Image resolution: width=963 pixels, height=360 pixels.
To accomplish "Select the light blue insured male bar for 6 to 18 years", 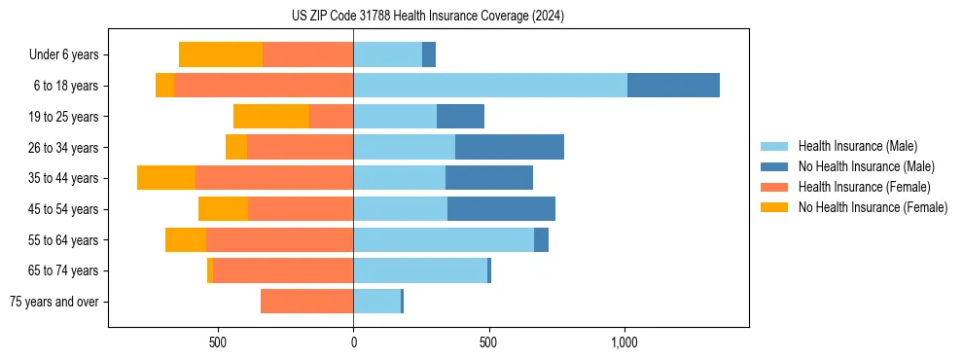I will (x=490, y=86).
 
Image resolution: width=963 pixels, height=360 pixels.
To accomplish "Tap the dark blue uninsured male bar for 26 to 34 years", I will (x=510, y=147).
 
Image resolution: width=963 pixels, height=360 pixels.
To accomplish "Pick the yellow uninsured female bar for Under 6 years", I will (x=221, y=54).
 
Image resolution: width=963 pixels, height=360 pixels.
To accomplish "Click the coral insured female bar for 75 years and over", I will (x=306, y=302).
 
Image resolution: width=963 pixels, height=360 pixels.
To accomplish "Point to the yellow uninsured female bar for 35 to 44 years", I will (x=166, y=178).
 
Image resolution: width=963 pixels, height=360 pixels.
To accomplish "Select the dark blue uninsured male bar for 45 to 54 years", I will (x=501, y=209).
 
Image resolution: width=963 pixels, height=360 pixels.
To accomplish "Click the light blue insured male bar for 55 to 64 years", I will (x=444, y=239).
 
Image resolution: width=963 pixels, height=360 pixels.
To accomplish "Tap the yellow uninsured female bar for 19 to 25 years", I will (x=271, y=117).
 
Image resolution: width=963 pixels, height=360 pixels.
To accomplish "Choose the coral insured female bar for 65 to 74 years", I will (x=283, y=270).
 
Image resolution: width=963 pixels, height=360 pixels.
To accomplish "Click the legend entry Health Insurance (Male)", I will (x=857, y=146).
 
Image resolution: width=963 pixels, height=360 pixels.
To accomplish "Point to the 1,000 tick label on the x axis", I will (x=624, y=342).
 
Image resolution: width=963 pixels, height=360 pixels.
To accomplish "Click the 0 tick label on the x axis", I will (x=353, y=342).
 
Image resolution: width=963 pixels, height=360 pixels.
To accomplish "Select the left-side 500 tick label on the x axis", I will (x=218, y=342).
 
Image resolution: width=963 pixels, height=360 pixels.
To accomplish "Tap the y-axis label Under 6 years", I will (x=63, y=54).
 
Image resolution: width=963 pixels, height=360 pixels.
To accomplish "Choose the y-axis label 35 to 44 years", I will (x=65, y=178).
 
